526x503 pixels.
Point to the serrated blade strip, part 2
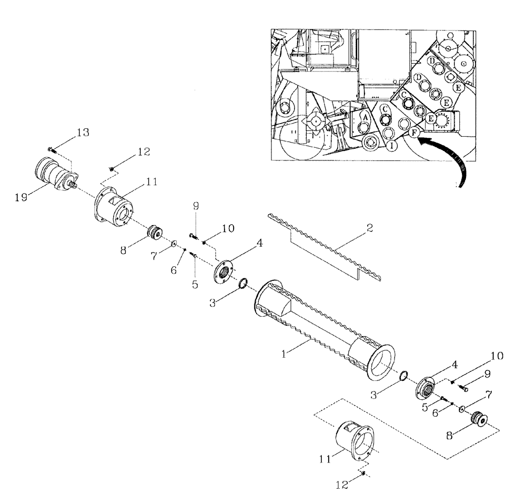pos(326,247)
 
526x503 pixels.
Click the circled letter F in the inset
pos(414,133)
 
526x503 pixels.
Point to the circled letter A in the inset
pos(363,116)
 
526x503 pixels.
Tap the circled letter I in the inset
pos(392,146)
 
